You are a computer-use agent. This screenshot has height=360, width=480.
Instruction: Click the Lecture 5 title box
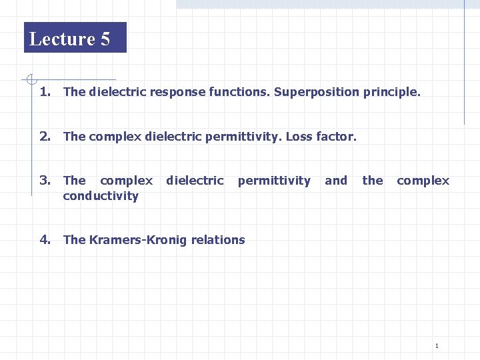(75, 38)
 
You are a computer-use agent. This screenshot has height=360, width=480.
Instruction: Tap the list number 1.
(45, 92)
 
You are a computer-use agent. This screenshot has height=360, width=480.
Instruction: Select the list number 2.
(45, 137)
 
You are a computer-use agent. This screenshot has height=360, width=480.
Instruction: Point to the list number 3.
(45, 180)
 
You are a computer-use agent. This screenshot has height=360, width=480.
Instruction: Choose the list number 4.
(45, 240)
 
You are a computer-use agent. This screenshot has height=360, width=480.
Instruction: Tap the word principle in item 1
(392, 92)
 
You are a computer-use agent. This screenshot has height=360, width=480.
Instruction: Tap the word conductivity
(101, 196)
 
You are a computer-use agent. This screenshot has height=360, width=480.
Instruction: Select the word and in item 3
(336, 181)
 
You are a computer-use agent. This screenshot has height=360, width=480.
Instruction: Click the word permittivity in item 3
(274, 181)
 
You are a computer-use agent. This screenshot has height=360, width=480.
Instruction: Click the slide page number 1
(436, 345)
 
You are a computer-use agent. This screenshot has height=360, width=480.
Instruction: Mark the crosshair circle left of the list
(30, 80)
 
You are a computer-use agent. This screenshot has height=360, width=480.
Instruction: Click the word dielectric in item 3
(195, 181)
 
